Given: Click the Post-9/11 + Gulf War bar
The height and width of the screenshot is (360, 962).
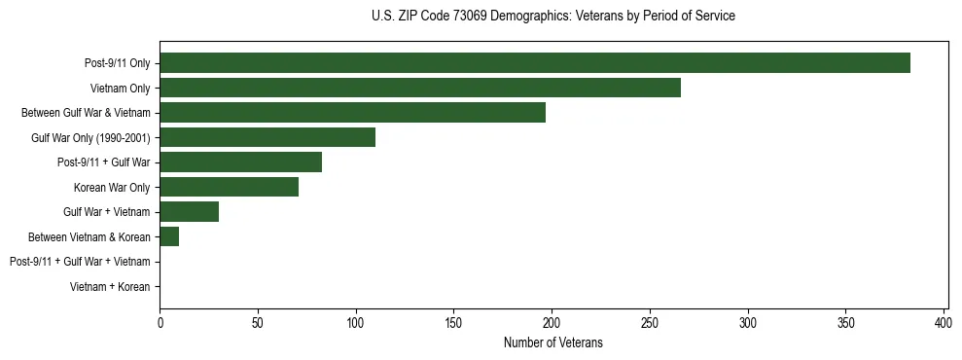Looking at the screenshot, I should [x=240, y=162].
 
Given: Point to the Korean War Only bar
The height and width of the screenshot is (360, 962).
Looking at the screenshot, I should [x=229, y=187].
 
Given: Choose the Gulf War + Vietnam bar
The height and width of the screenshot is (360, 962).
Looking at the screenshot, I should [x=189, y=212].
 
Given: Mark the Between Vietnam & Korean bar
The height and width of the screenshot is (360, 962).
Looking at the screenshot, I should [x=169, y=236].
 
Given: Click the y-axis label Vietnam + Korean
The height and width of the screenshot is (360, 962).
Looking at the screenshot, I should [x=110, y=287].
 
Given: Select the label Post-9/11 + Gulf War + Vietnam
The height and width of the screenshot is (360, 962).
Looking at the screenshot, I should [x=80, y=262].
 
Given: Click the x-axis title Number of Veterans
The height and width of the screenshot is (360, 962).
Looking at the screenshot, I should [x=553, y=342].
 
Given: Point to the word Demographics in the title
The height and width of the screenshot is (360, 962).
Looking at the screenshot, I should [x=539, y=17].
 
